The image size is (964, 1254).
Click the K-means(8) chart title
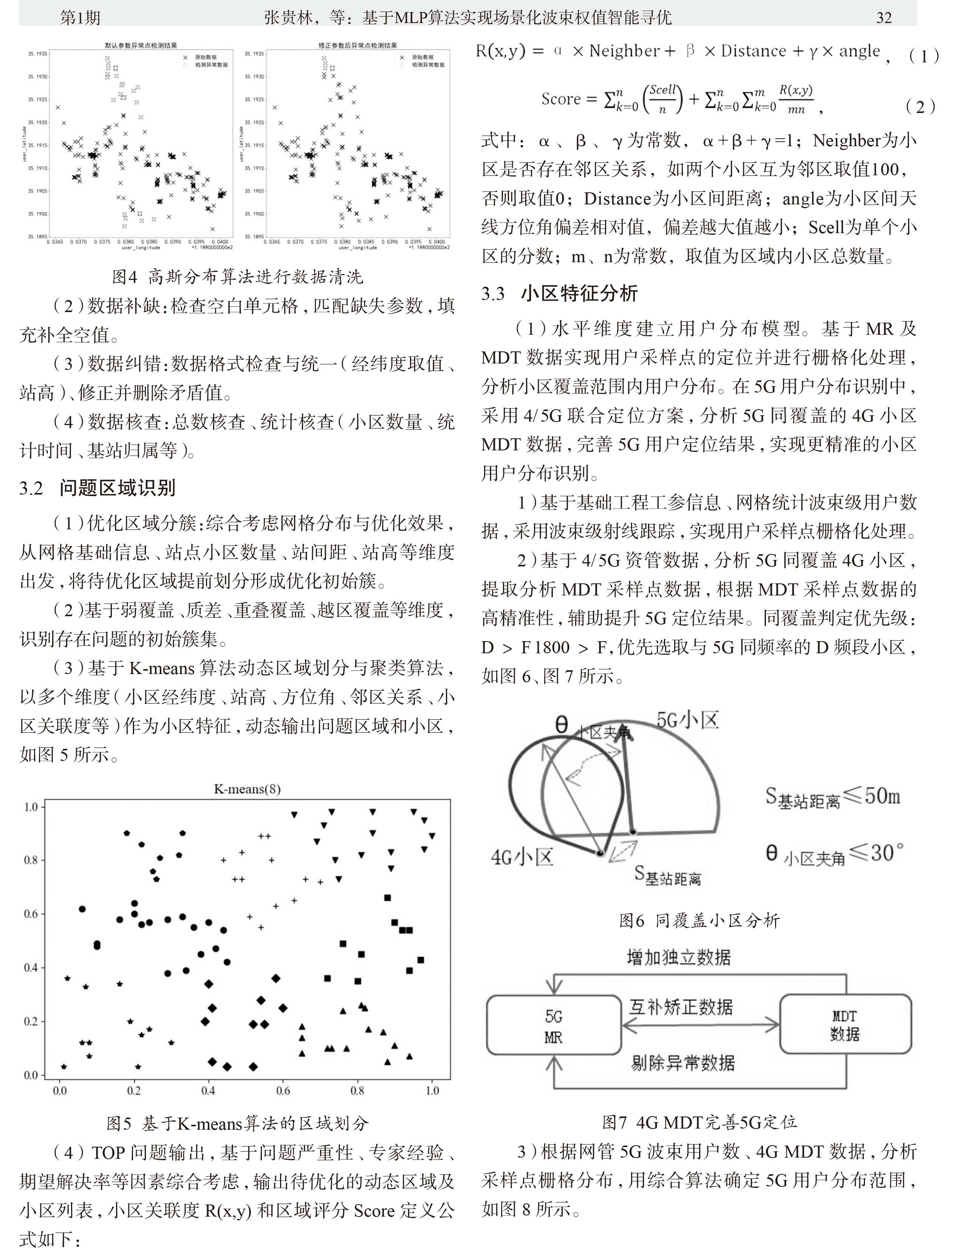(x=247, y=789)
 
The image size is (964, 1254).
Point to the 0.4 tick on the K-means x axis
(x=208, y=1090)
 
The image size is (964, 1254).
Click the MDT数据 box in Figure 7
(x=845, y=1025)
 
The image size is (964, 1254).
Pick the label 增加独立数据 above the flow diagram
(x=678, y=957)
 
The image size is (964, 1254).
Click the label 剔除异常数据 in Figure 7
(x=683, y=1063)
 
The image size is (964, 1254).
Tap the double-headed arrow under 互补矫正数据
(x=701, y=1025)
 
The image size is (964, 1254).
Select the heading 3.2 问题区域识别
(x=97, y=488)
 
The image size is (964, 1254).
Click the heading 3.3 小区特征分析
(x=559, y=293)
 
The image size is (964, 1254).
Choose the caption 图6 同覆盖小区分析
(x=699, y=921)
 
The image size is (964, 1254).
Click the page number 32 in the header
(x=884, y=18)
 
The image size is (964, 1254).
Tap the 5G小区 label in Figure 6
(x=687, y=720)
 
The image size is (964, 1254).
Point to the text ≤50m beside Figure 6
(x=872, y=796)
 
